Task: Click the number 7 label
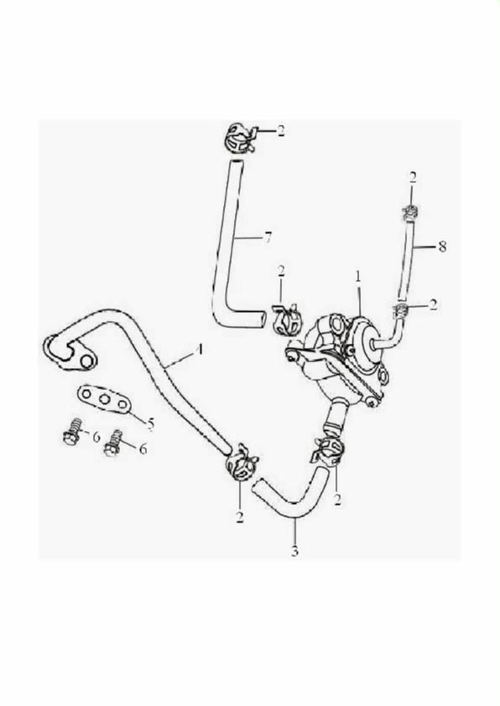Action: pyautogui.click(x=268, y=238)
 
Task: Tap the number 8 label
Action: pyautogui.click(x=442, y=247)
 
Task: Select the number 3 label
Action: pyautogui.click(x=294, y=551)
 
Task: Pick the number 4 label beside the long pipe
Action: pyautogui.click(x=200, y=350)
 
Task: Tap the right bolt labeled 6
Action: pyautogui.click(x=112, y=444)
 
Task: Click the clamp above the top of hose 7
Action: pyautogui.click(x=240, y=138)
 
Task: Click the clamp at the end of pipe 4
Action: pyautogui.click(x=242, y=463)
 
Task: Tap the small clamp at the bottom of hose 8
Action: pyautogui.click(x=400, y=309)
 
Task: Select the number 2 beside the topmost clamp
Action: pyautogui.click(x=281, y=131)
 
